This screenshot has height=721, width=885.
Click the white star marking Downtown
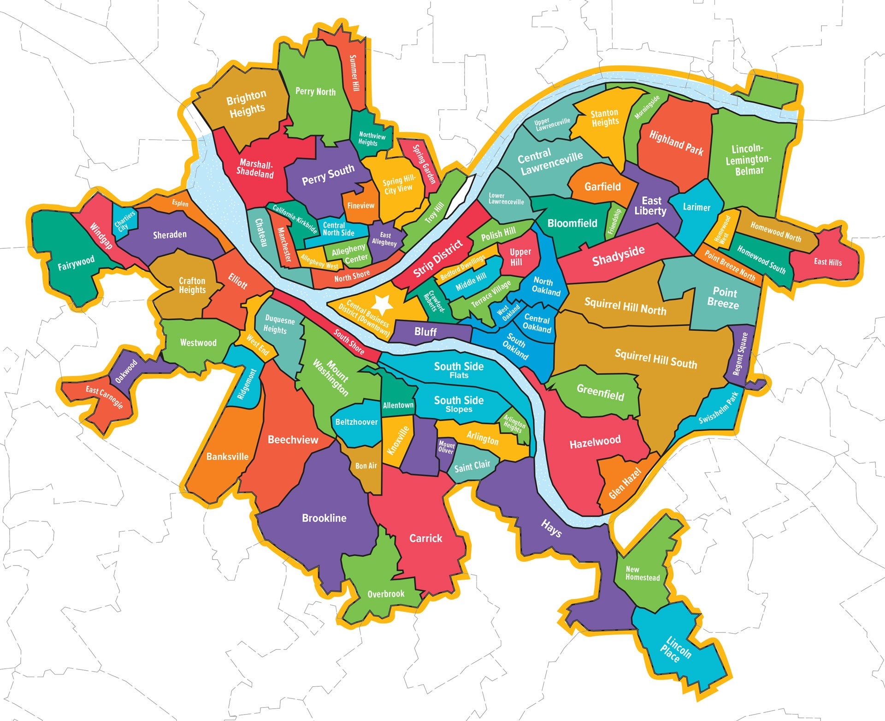pos(382,304)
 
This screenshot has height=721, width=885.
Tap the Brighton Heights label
pos(247,104)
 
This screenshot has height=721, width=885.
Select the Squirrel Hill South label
pos(655,359)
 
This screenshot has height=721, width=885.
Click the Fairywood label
pos(76,263)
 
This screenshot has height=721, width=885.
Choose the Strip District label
pos(437,259)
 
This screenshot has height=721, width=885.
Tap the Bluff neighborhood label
pos(425,332)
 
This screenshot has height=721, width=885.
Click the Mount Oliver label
pos(446,447)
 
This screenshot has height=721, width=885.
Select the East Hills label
pos(827,262)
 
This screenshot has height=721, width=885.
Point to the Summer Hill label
pos(354,73)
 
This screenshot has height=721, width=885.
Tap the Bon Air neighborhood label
pos(366,466)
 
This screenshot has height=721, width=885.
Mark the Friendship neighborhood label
pos(614,221)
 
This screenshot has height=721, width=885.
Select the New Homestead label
pos(642,573)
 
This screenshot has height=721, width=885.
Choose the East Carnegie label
pos(104,397)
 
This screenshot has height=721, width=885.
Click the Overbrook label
pos(386,594)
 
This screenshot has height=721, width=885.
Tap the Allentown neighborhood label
pos(398,405)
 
